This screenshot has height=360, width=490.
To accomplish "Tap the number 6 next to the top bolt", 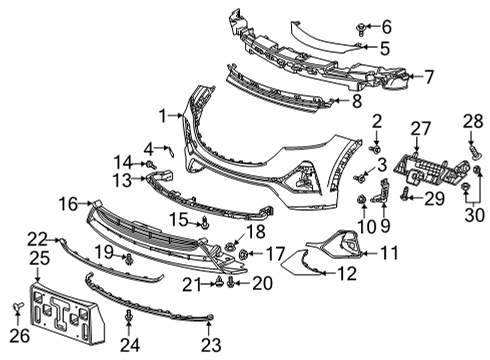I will (x=386, y=25).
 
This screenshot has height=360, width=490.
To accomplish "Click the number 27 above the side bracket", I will (x=420, y=127).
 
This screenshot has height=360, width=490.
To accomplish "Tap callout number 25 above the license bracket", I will (x=38, y=259).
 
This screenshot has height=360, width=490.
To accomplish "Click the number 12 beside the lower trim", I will (x=346, y=272).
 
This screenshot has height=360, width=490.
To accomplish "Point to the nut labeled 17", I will (x=243, y=255).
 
